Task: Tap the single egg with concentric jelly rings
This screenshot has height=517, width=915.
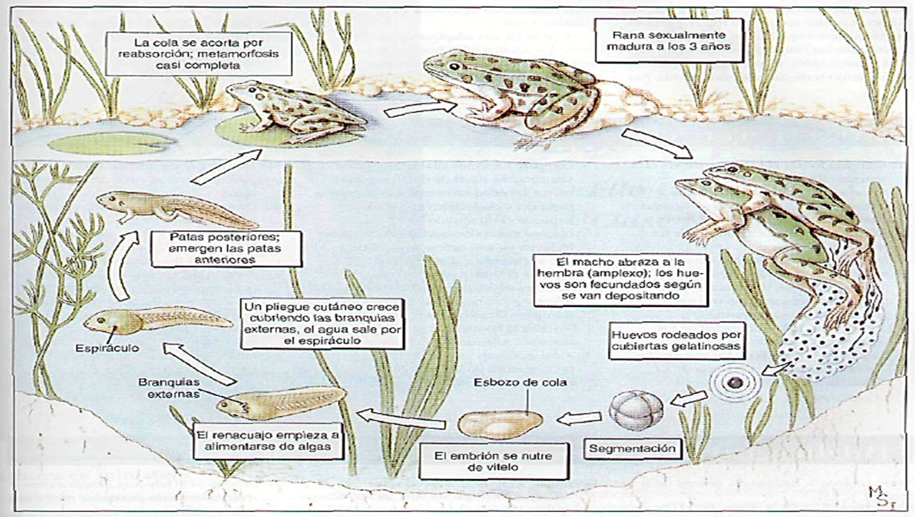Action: pyautogui.click(x=735, y=383)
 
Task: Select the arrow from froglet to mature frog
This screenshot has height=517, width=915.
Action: pyautogui.click(x=415, y=108)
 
